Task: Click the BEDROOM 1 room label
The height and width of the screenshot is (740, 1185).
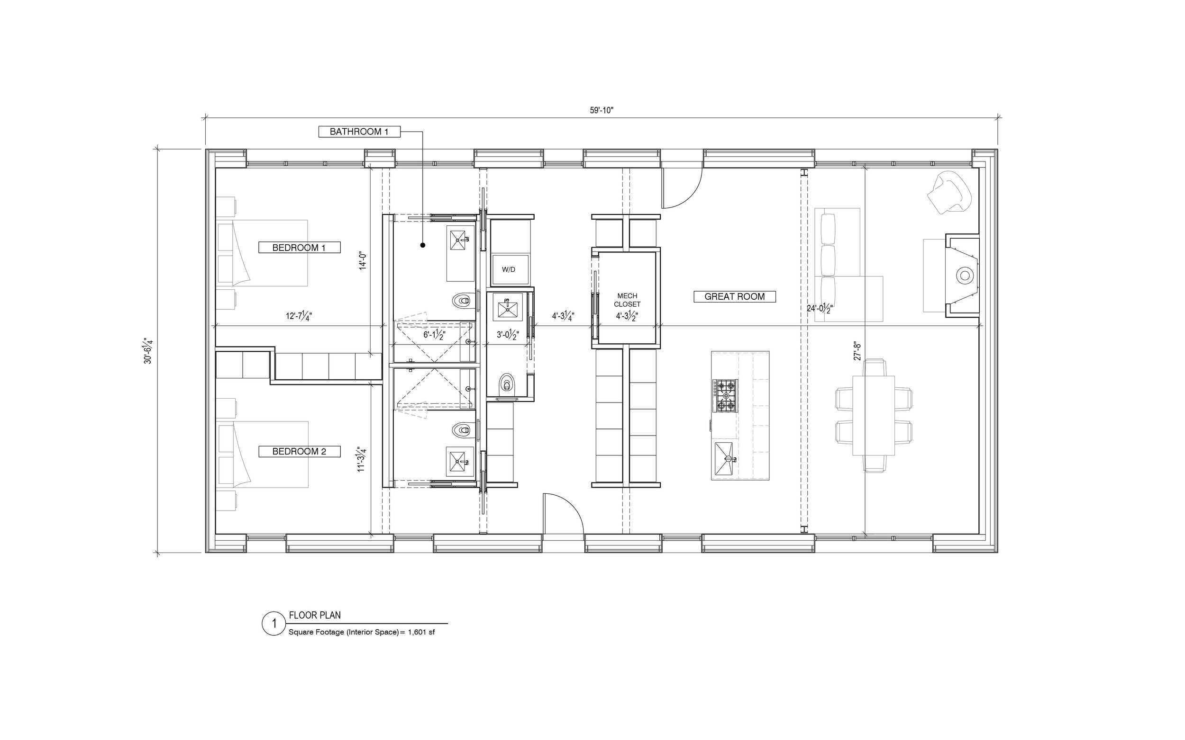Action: [x=299, y=248]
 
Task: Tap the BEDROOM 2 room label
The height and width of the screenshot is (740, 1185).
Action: [x=299, y=451]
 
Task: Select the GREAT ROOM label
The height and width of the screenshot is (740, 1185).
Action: [x=734, y=296]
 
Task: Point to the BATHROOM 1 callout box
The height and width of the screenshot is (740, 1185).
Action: [x=359, y=132]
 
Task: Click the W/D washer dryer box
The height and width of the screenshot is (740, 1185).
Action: [x=510, y=269]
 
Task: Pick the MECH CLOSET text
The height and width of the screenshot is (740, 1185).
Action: [x=627, y=300]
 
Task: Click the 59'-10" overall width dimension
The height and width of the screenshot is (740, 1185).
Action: [x=602, y=111]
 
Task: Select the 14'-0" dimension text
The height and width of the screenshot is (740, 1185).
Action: [x=363, y=259]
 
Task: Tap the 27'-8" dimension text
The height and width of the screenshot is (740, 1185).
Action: [x=857, y=351]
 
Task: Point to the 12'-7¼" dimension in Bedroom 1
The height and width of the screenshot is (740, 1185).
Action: [x=299, y=316]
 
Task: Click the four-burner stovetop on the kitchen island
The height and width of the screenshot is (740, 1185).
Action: [x=726, y=395]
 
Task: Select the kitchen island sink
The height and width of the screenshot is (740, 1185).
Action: [x=726, y=459]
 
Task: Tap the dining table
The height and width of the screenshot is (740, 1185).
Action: [x=874, y=416]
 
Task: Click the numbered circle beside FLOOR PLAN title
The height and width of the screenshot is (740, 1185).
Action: [x=274, y=624]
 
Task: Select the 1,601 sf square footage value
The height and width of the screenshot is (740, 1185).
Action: [x=421, y=632]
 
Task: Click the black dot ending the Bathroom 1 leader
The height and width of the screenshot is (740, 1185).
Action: [x=422, y=245]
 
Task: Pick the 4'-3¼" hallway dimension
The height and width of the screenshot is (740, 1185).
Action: [x=563, y=316]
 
